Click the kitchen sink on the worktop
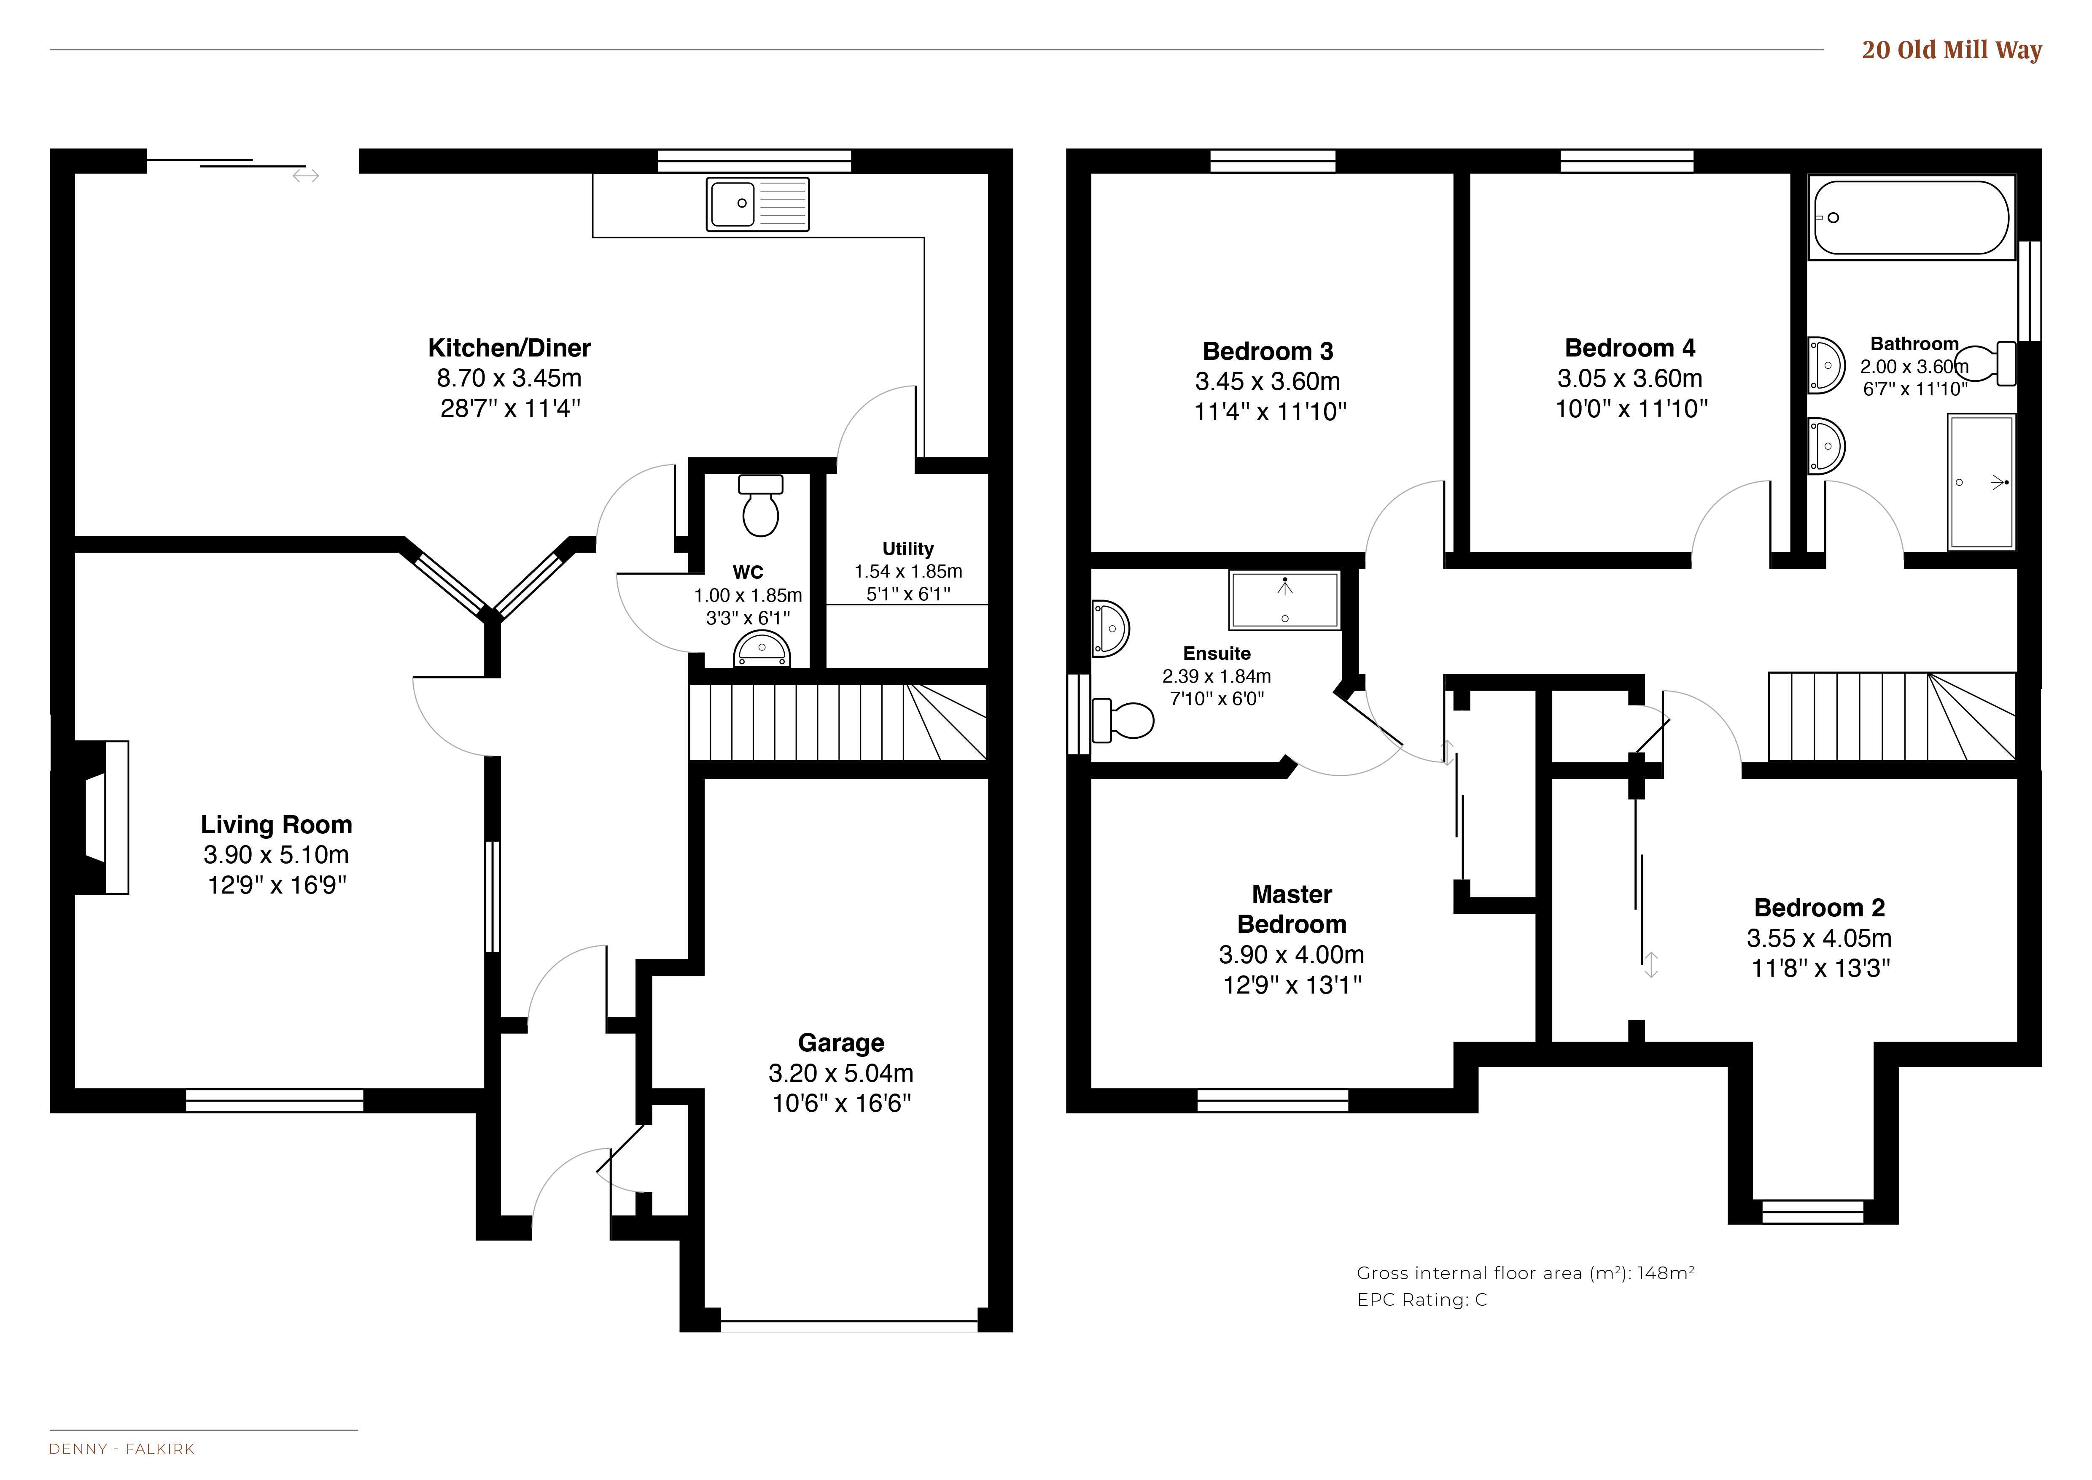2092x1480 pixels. point(757,204)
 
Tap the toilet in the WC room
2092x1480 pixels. point(761,506)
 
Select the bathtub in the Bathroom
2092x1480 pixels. point(1911,218)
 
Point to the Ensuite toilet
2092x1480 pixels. point(1123,720)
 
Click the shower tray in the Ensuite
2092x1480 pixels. point(1285,600)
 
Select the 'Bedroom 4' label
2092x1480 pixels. point(1630,348)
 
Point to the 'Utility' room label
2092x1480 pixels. point(907,548)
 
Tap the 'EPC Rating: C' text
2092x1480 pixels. point(1422,1299)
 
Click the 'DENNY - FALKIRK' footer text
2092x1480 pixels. point(122,1449)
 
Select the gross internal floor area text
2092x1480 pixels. point(1525,1273)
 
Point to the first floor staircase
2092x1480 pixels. point(1892,716)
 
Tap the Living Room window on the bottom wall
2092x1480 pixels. point(274,1101)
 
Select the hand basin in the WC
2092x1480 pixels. point(762,651)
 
